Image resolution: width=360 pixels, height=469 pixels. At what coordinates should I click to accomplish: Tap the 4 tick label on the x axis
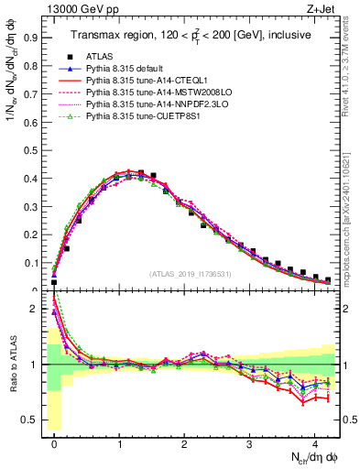(315, 441)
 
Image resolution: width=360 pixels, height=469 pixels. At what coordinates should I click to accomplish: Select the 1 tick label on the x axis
(120, 441)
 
